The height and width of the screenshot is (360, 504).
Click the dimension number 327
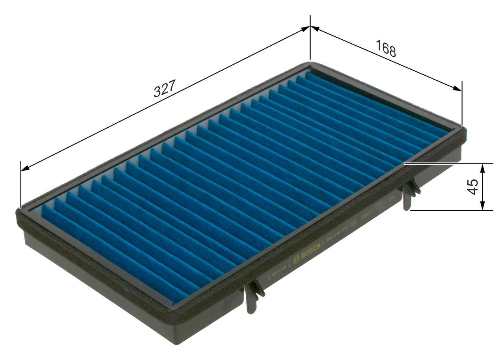tap(164, 90)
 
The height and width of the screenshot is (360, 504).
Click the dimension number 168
tap(385, 48)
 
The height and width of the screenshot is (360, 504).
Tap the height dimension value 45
tap(472, 187)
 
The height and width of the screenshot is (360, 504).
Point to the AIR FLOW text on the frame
tap(278, 272)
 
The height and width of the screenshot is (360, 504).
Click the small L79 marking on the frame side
tap(391, 200)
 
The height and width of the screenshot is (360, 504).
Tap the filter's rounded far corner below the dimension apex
tap(310, 64)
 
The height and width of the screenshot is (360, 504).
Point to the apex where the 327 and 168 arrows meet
tap(310, 26)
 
